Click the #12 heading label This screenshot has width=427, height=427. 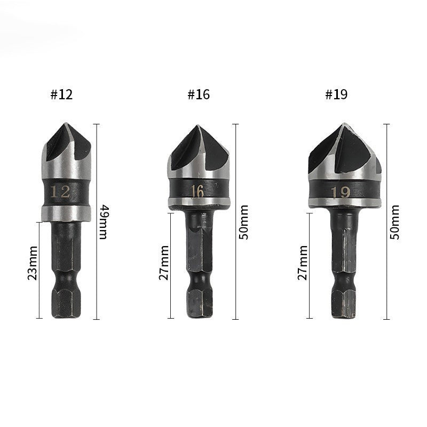pyautogui.click(x=61, y=95)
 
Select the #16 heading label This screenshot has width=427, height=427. pyautogui.click(x=199, y=95)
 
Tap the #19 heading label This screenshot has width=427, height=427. pyautogui.click(x=336, y=95)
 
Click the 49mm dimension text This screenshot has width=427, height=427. pyautogui.click(x=103, y=222)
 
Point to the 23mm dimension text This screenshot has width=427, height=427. pyautogui.click(x=33, y=263)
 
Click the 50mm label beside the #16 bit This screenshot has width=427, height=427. pyautogui.click(x=244, y=222)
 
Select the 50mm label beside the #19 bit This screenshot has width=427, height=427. pyautogui.click(x=395, y=222)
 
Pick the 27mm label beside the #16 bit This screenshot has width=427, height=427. pyautogui.click(x=164, y=263)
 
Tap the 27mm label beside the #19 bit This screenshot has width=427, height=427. pyautogui.click(x=303, y=263)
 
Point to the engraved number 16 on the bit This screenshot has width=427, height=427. pyautogui.click(x=197, y=191)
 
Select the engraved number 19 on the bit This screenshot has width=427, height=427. pyautogui.click(x=341, y=192)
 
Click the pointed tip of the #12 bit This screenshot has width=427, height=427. pyautogui.click(x=65, y=125)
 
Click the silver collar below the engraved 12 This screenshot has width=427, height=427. pyautogui.click(x=67, y=213)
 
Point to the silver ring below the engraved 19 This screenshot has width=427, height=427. pyautogui.click(x=344, y=203)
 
